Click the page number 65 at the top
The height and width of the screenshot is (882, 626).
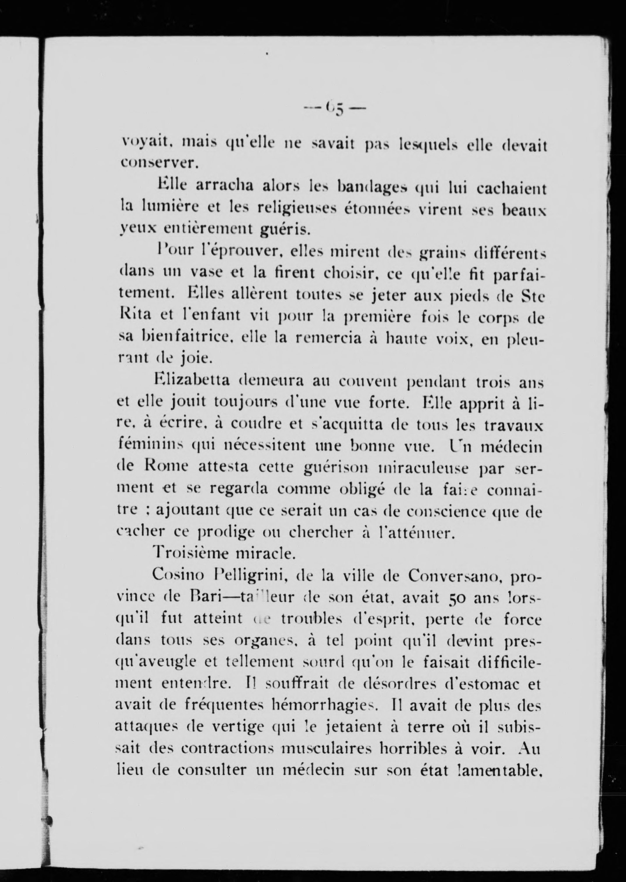click(x=334, y=108)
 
